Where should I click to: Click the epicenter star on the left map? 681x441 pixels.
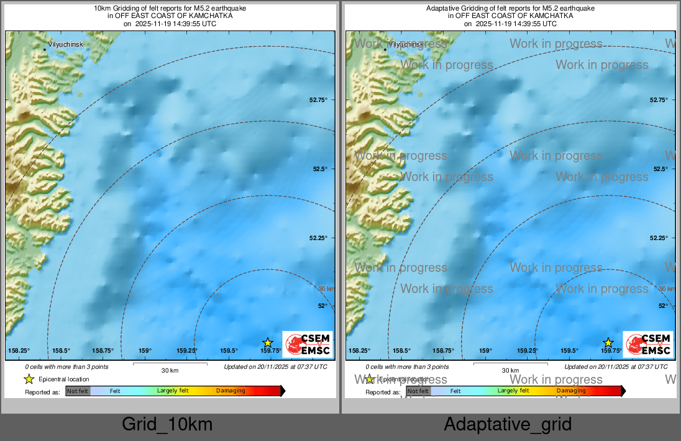[x=268, y=342]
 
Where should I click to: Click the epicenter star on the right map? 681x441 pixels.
[x=608, y=342]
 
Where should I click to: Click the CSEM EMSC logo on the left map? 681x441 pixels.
[x=308, y=345]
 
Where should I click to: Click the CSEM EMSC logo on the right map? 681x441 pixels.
[x=648, y=345]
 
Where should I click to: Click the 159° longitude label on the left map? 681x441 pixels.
[x=145, y=351]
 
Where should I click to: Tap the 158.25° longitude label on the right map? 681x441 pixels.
[x=359, y=351]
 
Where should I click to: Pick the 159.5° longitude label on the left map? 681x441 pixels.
[x=229, y=351]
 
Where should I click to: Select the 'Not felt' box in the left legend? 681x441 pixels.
[x=78, y=391]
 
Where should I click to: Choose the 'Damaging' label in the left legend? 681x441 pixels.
[x=231, y=391]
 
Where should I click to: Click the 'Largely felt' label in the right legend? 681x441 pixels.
[x=513, y=391]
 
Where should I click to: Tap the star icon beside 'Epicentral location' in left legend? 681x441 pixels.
[x=29, y=379]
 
